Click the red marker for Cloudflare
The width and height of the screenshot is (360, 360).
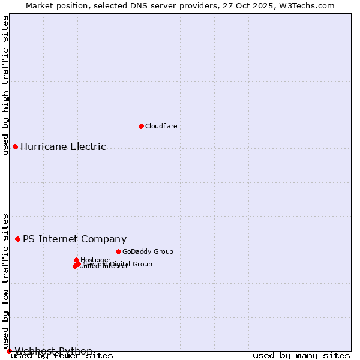[x=141, y=126]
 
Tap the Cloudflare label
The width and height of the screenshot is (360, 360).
[x=161, y=126]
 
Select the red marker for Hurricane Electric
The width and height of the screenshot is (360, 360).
[x=15, y=146]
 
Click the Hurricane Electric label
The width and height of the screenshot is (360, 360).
[x=63, y=146]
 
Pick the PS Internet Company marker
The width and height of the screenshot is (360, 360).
[x=17, y=239]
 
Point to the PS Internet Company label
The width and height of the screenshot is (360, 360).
[x=74, y=239]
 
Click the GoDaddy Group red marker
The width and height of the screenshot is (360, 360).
[x=118, y=251]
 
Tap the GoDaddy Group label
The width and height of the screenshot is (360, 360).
[x=148, y=251]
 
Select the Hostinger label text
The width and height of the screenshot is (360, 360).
[x=95, y=260]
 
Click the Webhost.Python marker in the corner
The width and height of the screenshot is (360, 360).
[x=9, y=351]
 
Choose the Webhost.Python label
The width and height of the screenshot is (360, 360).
[x=53, y=351]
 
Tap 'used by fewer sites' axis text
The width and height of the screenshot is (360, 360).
[x=62, y=356]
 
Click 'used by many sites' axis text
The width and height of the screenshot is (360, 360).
[x=301, y=356]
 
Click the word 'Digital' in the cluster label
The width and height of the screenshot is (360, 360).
[x=121, y=264]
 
